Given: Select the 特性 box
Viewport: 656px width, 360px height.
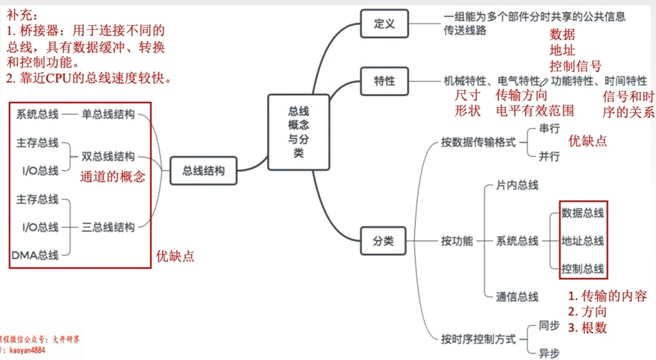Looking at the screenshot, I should [x=384, y=80].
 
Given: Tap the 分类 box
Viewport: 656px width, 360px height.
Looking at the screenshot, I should [x=384, y=241].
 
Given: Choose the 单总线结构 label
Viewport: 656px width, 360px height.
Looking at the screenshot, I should [x=108, y=115].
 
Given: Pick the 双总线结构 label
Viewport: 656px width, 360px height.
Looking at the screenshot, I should [x=108, y=157].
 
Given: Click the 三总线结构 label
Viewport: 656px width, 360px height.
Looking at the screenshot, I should [x=108, y=228].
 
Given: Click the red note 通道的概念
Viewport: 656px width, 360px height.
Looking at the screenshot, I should [x=112, y=177].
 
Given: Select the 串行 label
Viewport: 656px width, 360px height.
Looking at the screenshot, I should [x=549, y=129].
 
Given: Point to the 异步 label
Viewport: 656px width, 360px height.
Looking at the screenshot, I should [x=549, y=353].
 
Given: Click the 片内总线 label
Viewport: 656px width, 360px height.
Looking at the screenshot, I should [x=517, y=185].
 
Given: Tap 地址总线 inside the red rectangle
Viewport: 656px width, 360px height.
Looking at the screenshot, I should [x=583, y=241].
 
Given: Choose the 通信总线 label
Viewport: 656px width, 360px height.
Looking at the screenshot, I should [x=517, y=297].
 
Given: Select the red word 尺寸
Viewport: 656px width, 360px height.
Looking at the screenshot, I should [x=468, y=95].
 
